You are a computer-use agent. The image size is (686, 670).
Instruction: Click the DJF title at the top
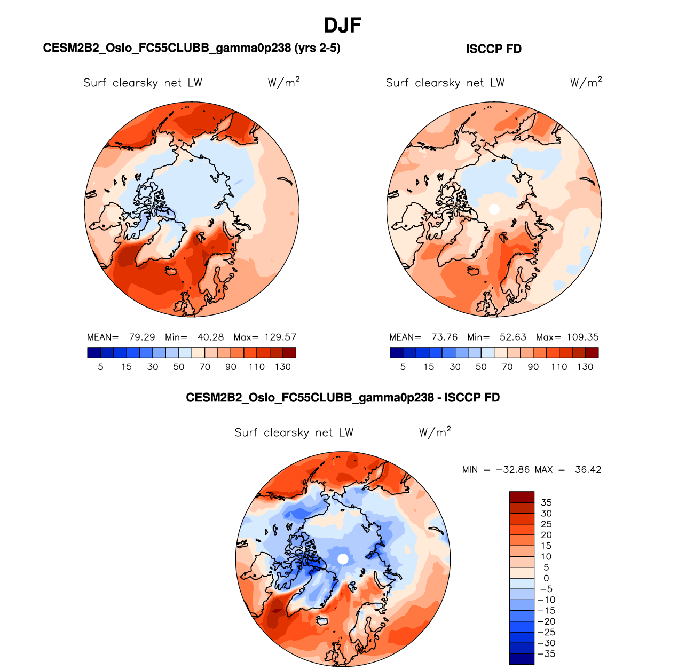[x=343, y=25]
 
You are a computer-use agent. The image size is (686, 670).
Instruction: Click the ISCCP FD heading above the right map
[x=493, y=49]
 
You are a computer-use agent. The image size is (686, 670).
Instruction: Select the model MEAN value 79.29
[x=142, y=337]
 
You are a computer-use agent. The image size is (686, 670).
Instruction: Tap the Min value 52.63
[x=512, y=337]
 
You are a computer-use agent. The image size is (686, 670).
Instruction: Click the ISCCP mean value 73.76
[x=445, y=337]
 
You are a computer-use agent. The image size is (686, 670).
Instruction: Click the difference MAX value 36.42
[x=588, y=470]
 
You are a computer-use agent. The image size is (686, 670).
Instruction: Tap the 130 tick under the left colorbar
[x=283, y=367]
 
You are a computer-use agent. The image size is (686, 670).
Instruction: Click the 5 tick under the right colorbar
[x=403, y=367]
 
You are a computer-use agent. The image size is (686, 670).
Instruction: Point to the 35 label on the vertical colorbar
[x=546, y=502]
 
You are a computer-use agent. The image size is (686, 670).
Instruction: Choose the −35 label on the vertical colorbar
[x=546, y=654]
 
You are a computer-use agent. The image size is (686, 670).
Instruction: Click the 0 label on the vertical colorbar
[x=546, y=578]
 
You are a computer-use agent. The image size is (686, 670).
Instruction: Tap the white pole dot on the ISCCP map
[x=494, y=209]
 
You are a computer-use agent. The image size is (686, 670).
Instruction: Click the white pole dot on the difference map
[x=343, y=559]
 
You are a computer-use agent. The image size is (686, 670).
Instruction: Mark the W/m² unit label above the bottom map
[x=435, y=432]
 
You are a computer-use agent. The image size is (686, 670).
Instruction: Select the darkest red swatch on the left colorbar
[x=289, y=352]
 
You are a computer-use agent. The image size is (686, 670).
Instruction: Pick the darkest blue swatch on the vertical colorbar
[x=522, y=659]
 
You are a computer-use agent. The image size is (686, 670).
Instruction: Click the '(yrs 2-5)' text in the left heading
[x=317, y=48]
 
